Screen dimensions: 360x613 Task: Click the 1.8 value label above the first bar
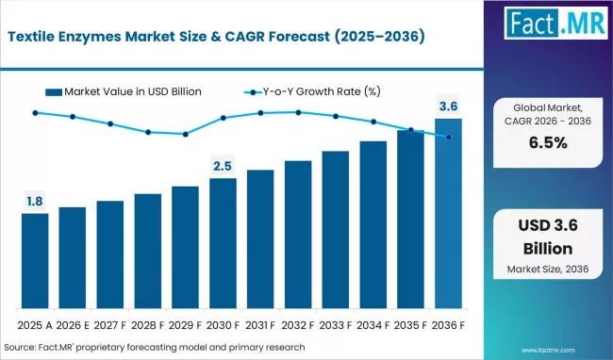[35, 200]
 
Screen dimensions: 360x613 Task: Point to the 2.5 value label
[223, 165]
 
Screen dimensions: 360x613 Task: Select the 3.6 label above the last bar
[448, 106]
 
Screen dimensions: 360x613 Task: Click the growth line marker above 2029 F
[185, 134]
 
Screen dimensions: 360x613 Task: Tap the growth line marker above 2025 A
[35, 112]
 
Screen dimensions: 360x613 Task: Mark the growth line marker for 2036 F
[448, 137]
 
